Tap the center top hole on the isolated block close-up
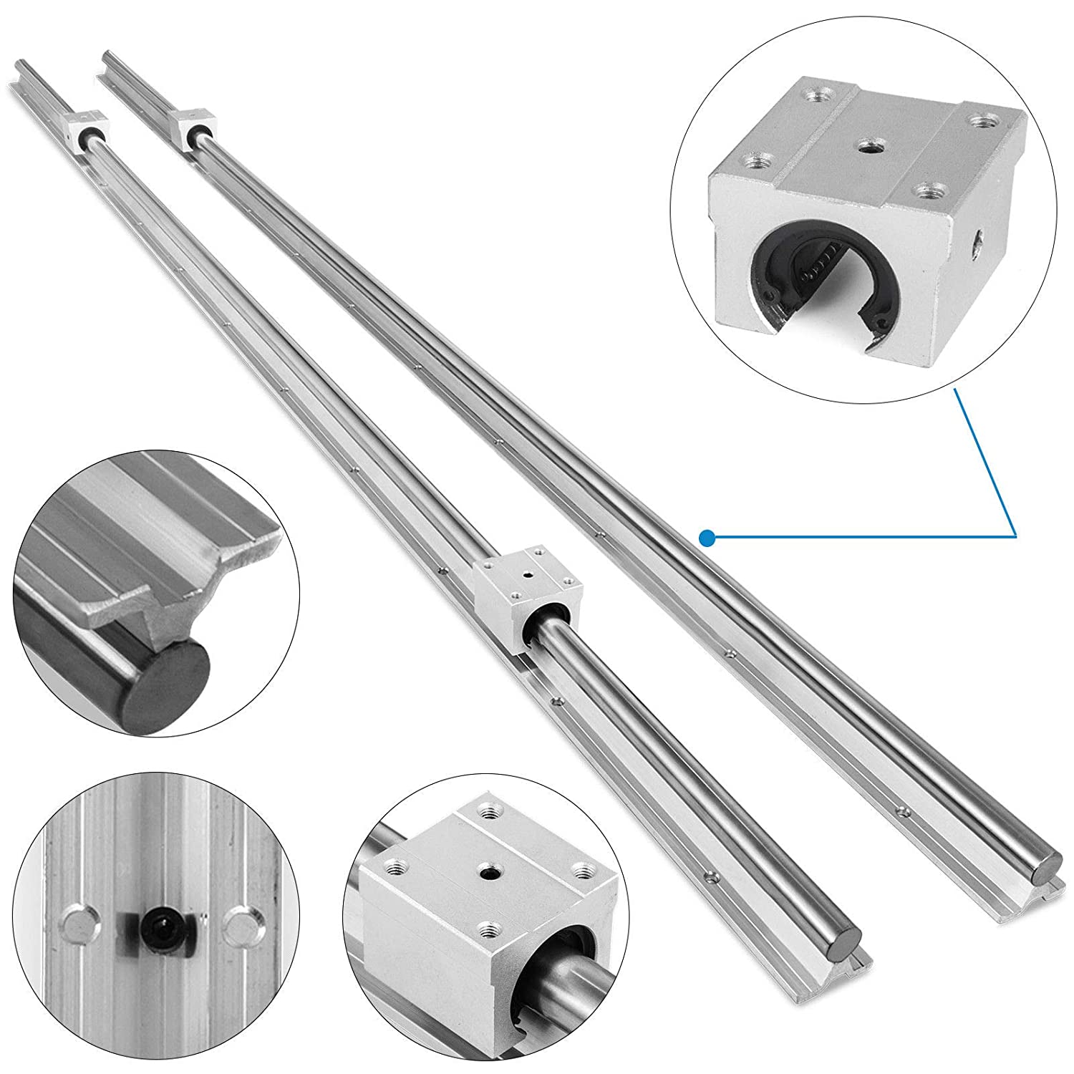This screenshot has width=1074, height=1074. (871, 147)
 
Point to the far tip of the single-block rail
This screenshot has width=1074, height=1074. (107, 54)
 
